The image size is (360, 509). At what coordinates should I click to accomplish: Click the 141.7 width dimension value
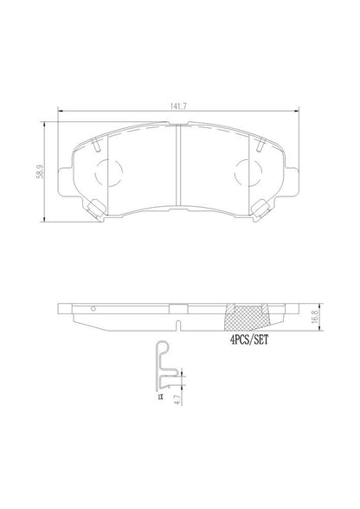point(178,107)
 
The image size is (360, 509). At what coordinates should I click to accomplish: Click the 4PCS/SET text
point(250,341)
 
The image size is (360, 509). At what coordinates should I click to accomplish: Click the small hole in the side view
point(93,306)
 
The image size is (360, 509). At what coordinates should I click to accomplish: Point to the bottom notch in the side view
point(178,327)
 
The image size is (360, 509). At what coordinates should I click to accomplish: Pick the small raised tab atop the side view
point(178,306)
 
